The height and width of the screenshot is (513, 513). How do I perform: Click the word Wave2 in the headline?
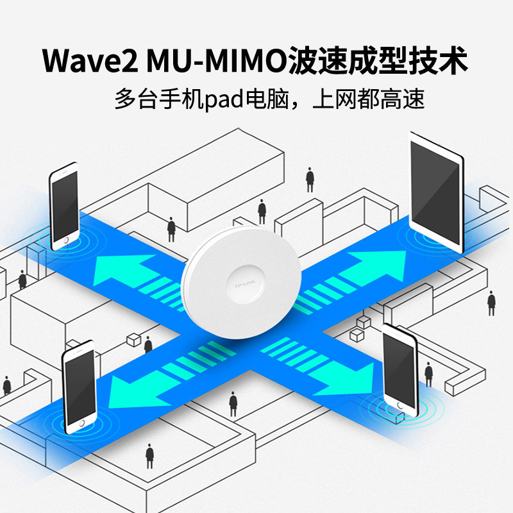click(88, 61)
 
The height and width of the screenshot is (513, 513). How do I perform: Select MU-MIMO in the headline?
click(215, 61)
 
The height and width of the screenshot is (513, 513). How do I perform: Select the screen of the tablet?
click(436, 192)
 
